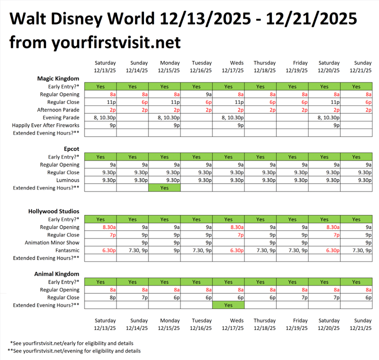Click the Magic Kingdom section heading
58,78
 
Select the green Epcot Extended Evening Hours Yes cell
164,188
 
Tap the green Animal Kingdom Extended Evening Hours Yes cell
228,305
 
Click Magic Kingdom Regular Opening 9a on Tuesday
196,94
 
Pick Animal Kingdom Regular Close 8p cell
100,297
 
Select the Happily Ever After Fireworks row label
45,125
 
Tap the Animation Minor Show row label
52,242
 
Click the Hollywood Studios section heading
54,211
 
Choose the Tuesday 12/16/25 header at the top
201,66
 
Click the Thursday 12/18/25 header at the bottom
264,324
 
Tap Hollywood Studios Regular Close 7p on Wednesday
228,235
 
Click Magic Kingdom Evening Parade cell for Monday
164,117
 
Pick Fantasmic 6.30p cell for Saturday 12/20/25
324,250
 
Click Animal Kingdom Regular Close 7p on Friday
292,297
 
